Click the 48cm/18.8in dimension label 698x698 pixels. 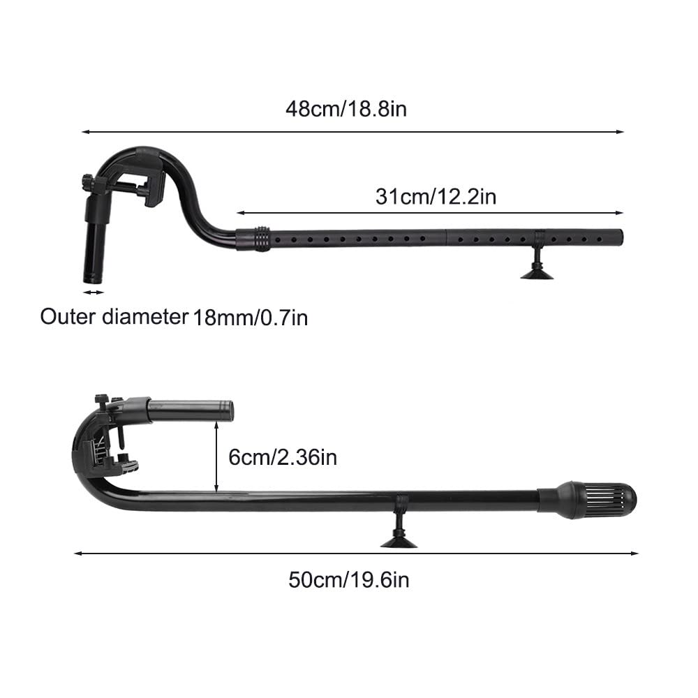346,109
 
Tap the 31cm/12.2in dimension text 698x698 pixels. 436,197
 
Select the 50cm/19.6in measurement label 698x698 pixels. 348,580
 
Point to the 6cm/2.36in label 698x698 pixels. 283,457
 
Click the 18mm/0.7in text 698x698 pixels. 250,318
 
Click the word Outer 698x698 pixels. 68,317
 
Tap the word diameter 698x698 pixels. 145,317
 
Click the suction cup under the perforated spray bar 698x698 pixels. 537,269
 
